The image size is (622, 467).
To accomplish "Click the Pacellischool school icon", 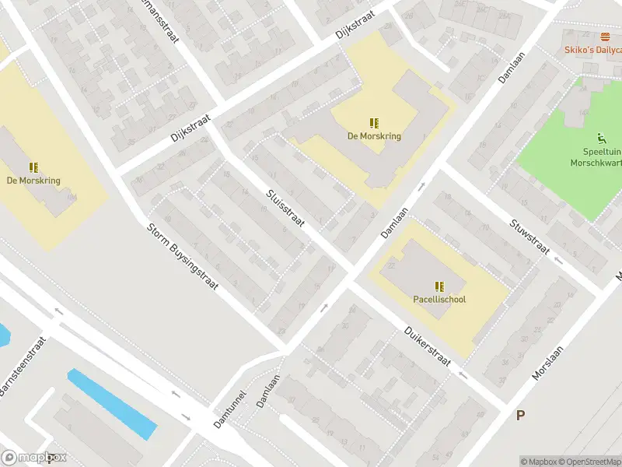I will point(439,286).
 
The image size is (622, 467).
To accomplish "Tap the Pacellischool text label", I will point(439,299).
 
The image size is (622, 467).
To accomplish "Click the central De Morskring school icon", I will point(374,123).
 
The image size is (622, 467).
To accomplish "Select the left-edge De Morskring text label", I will point(33,181).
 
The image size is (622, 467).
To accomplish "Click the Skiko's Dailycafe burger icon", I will point(606,37).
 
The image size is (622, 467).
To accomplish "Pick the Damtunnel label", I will point(231,409).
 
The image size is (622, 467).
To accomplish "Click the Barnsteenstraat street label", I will point(23,367).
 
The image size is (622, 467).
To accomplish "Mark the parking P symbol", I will point(520,416).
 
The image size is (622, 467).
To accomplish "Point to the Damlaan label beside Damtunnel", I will point(269,394).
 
